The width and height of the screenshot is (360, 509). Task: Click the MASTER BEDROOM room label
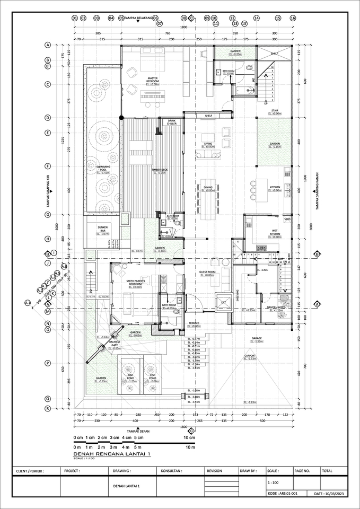[154, 80]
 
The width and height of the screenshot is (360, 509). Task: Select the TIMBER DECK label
[159, 170]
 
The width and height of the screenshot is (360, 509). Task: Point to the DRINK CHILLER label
[171, 122]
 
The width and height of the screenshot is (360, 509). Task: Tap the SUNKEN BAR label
[103, 229]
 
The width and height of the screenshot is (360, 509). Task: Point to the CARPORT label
[250, 356]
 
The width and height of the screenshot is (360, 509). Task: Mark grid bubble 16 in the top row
[293, 18]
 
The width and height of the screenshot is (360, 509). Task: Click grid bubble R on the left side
[48, 408]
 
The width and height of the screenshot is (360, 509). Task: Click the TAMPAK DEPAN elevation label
[136, 431]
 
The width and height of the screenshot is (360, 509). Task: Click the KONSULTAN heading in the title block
[171, 470]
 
